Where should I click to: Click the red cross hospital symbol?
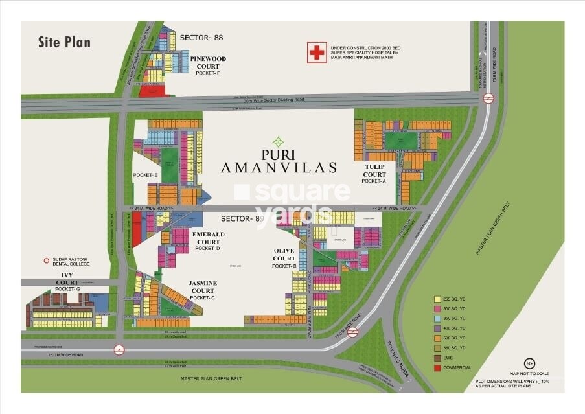coord(317,53)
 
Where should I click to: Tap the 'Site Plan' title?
coord(64,43)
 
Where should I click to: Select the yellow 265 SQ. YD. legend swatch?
coord(437,299)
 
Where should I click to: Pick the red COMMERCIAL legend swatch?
coord(437,367)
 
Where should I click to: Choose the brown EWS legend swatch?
coord(437,358)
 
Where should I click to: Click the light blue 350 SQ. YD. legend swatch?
coord(437,319)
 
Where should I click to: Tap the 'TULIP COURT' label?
coord(374,170)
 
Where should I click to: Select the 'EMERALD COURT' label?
coord(208,238)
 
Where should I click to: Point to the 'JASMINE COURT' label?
coord(203,287)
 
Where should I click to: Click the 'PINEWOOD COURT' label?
coord(208,62)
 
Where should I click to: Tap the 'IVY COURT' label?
coord(67,279)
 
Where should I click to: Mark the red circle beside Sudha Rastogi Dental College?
coord(46,261)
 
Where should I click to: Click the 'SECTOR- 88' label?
coord(201,38)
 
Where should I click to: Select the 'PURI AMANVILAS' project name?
coord(279,161)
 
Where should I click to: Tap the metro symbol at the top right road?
coord(488,98)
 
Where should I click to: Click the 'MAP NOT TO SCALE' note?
coord(529,373)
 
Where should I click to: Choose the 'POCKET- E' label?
coord(146,175)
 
